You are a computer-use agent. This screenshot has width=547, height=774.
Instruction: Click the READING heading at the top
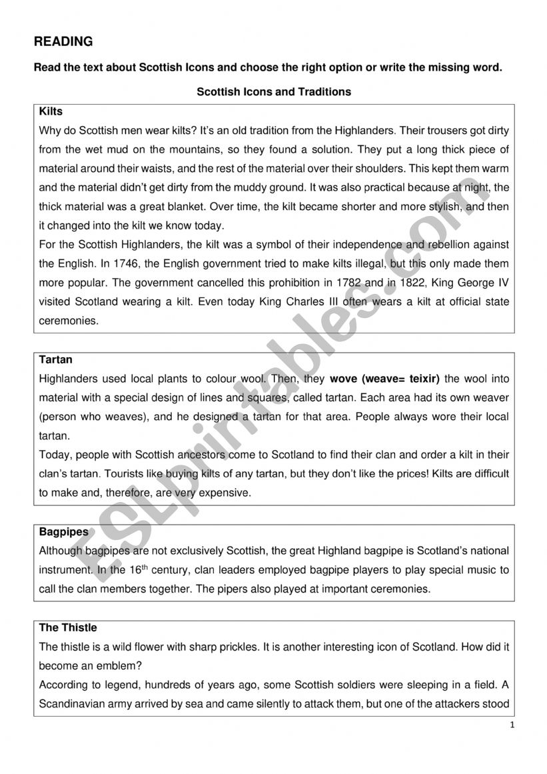point(63,41)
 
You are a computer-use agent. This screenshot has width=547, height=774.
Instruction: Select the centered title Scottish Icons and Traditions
point(274,92)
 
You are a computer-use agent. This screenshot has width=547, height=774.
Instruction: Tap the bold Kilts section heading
point(51,111)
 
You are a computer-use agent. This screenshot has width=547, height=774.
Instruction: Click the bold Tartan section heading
point(56,359)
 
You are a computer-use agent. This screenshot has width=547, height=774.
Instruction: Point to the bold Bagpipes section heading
point(63,532)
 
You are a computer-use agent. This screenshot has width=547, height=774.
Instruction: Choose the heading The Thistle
point(68,627)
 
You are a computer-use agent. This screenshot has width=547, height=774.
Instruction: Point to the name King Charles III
point(288,302)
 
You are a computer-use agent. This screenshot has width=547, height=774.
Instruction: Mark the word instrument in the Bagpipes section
point(65,570)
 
